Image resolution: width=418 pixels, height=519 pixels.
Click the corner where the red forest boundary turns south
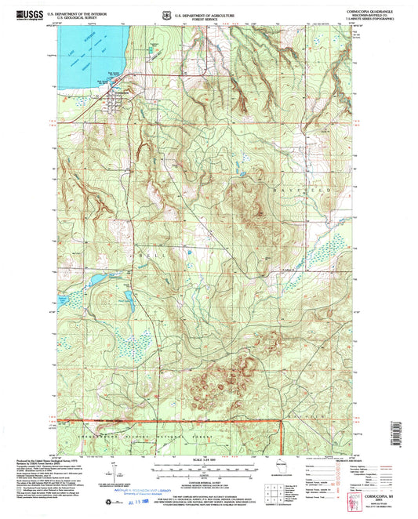pos(282,423)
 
